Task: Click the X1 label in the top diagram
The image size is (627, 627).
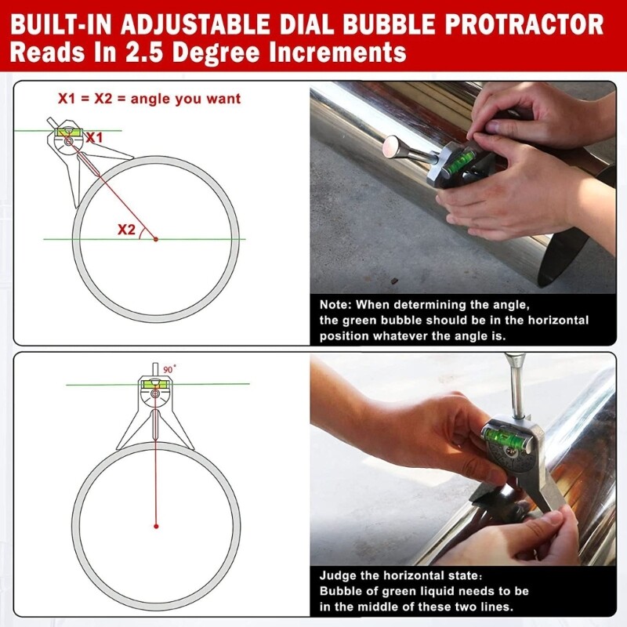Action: point(94,138)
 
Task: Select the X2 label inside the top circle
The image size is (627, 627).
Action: point(126,230)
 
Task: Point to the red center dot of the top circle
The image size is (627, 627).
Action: point(155,238)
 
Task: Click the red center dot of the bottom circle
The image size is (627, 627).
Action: point(155,524)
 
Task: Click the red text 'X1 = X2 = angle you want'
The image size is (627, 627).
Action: point(149,100)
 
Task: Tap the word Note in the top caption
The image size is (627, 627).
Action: point(335,305)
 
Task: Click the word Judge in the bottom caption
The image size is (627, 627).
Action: point(339,576)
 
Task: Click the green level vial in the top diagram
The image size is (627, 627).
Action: point(68,131)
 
